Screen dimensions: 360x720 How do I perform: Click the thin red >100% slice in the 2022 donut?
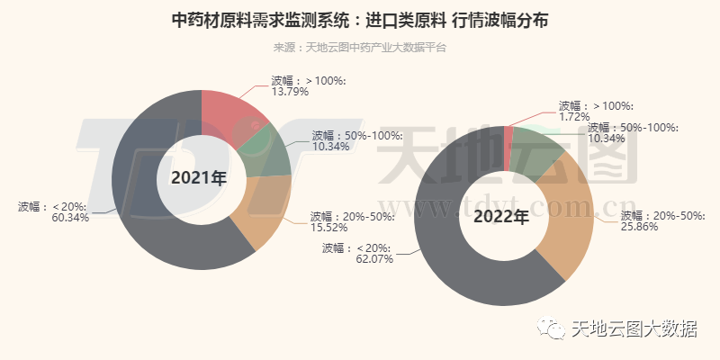(508, 135)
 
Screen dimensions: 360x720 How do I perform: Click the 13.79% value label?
(290, 91)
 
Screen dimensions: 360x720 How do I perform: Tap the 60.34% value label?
(70, 218)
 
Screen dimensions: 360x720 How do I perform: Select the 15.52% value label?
(329, 229)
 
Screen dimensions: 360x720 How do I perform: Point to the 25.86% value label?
(640, 227)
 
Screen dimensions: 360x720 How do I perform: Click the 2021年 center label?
(199, 177)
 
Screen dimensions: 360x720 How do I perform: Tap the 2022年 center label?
(501, 217)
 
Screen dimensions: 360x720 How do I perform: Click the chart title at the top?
(360, 20)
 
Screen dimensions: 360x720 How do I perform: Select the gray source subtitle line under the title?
(360, 47)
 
